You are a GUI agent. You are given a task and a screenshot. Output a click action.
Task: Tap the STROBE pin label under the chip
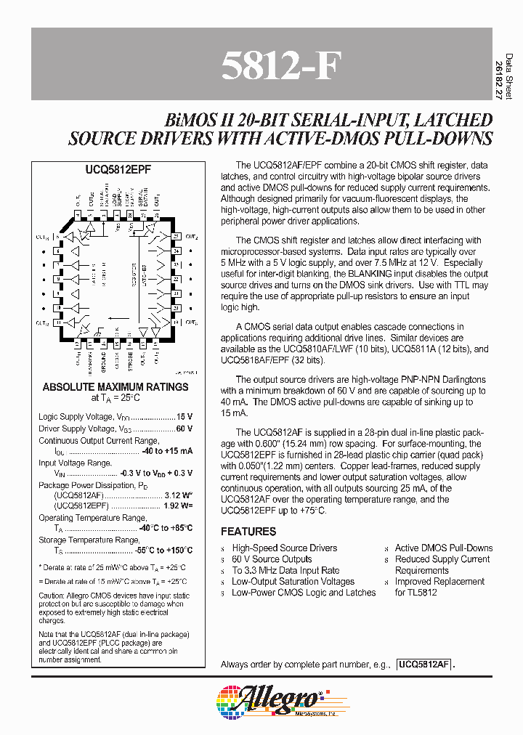[130, 359]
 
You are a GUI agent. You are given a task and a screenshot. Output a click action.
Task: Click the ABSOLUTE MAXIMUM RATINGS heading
[115, 387]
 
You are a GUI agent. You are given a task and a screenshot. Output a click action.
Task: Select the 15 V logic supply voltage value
[185, 417]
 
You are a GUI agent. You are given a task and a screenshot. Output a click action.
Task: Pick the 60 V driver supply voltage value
[185, 429]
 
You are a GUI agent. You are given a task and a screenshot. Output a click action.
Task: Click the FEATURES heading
[248, 532]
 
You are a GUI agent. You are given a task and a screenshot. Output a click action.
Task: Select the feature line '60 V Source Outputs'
[272, 559]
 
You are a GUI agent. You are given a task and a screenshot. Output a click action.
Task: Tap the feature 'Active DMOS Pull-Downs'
[443, 548]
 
